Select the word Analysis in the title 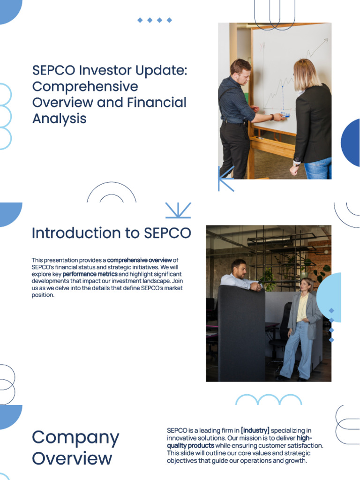(x=60, y=119)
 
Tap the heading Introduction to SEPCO (x=112, y=233)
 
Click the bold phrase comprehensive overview (x=140, y=260)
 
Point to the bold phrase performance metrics (x=90, y=274)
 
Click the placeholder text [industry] (x=255, y=430)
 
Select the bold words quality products (x=191, y=446)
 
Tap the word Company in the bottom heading (x=75, y=437)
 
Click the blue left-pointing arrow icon (x=225, y=179)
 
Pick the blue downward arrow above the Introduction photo (x=178, y=210)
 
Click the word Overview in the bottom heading (x=72, y=458)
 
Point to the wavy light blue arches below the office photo (x=268, y=400)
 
